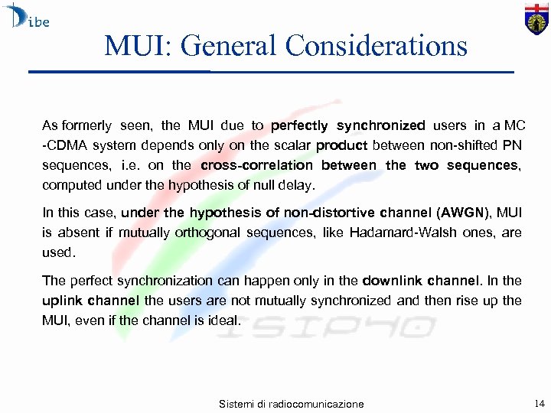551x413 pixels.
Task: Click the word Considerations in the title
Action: (376, 46)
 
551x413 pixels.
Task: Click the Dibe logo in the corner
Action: (26, 17)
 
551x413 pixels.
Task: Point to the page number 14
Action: (540, 402)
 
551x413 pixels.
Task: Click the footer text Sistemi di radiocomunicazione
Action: (291, 404)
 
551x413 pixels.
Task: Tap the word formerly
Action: (86, 125)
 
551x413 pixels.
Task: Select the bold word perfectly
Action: (299, 125)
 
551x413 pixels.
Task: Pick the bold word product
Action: (341, 145)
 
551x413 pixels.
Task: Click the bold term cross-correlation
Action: (256, 165)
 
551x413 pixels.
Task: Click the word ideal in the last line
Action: (223, 320)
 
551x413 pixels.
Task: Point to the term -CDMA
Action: (64, 145)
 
